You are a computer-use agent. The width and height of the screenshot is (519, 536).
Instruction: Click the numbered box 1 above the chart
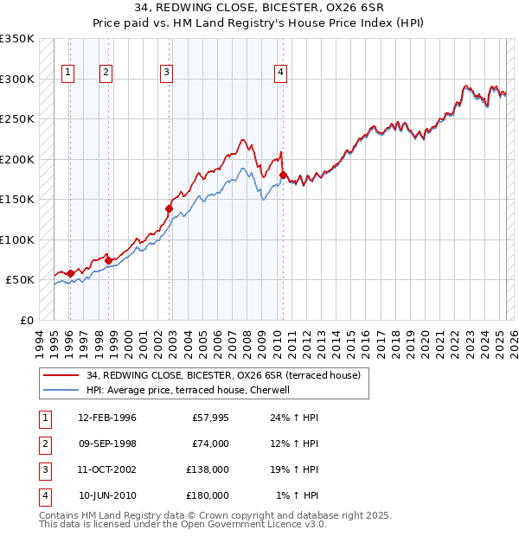coord(68,73)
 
